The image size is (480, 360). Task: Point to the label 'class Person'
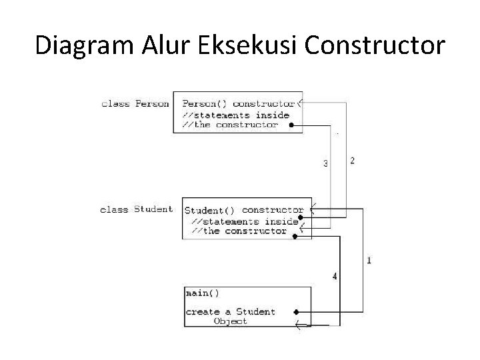click(x=135, y=103)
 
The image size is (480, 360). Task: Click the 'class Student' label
click(x=136, y=209)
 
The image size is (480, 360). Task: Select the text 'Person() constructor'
click(x=238, y=103)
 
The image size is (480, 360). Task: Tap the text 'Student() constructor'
click(x=243, y=210)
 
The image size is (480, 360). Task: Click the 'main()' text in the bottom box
click(x=202, y=293)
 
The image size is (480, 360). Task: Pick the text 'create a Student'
click(x=230, y=311)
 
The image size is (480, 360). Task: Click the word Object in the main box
click(x=230, y=321)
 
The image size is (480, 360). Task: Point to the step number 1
click(x=369, y=260)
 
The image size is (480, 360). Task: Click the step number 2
click(x=352, y=161)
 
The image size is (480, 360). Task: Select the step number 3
click(x=325, y=163)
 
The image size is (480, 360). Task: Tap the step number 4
click(x=334, y=275)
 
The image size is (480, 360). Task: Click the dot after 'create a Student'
click(x=296, y=311)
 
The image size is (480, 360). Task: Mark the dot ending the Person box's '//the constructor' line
click(x=292, y=125)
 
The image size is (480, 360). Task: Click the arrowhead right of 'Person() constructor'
click(x=301, y=103)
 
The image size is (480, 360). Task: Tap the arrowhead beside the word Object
click(x=299, y=326)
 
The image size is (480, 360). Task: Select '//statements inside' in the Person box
click(x=236, y=115)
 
